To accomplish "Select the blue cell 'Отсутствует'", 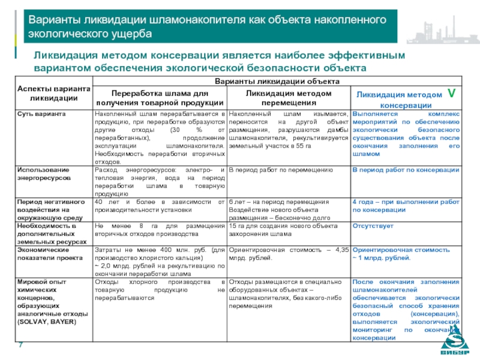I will coord(373,226).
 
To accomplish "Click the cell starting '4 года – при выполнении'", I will coord(406,206).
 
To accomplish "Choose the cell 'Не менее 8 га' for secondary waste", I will coord(160,230).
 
